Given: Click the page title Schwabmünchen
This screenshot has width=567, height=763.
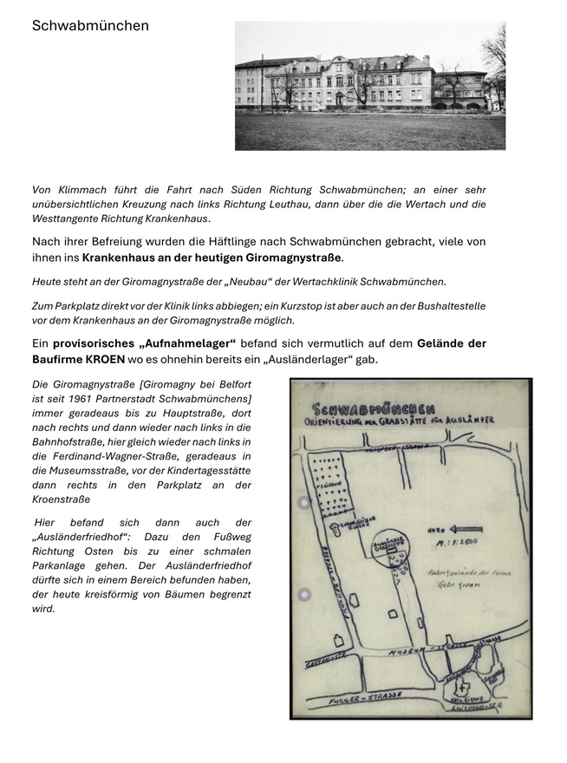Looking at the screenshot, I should coord(90,26).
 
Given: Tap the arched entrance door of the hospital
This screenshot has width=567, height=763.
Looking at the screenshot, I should coord(340,99).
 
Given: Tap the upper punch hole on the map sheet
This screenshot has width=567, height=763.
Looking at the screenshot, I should coord(303,503).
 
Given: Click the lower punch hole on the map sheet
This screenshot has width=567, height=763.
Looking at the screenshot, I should coord(303,595).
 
